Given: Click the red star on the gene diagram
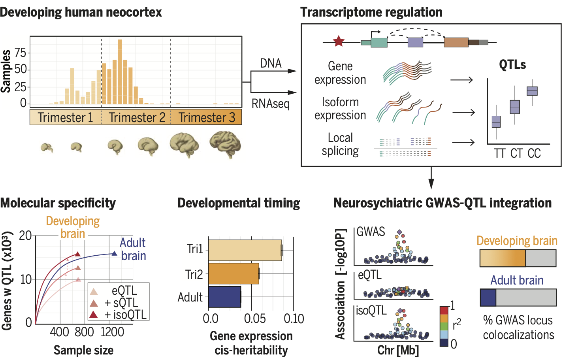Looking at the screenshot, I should pyautogui.click(x=339, y=41).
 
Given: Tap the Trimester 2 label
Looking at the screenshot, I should pyautogui.click(x=137, y=117).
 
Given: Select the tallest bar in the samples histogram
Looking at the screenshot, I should pyautogui.click(x=120, y=72).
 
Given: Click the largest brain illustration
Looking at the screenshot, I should pyautogui.click(x=225, y=144).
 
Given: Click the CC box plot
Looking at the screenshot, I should pyautogui.click(x=532, y=91).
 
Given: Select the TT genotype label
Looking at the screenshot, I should pyautogui.click(x=499, y=153).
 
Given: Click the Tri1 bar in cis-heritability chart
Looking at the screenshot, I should pyautogui.click(x=245, y=250).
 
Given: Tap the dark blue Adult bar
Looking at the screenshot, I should pyautogui.click(x=224, y=297).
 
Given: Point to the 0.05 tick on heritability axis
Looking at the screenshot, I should pyautogui.click(x=255, y=319).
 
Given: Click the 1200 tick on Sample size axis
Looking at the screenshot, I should pyautogui.click(x=112, y=332).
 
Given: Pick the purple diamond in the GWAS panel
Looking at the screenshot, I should pyautogui.click(x=399, y=232).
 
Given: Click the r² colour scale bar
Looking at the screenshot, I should pyautogui.click(x=444, y=326).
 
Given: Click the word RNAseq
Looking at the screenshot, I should pyautogui.click(x=271, y=104).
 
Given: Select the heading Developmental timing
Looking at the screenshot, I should pyautogui.click(x=239, y=203).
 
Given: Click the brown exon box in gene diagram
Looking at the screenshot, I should pyautogui.click(x=456, y=42).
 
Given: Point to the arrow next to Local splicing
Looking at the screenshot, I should pyautogui.click(x=463, y=142).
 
